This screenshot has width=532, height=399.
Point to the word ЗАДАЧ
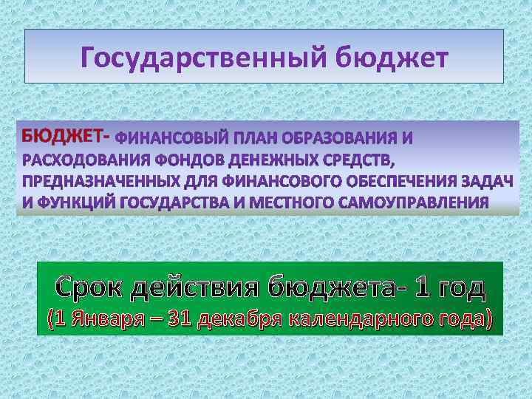click(488, 181)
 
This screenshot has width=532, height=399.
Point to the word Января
click(103, 320)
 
